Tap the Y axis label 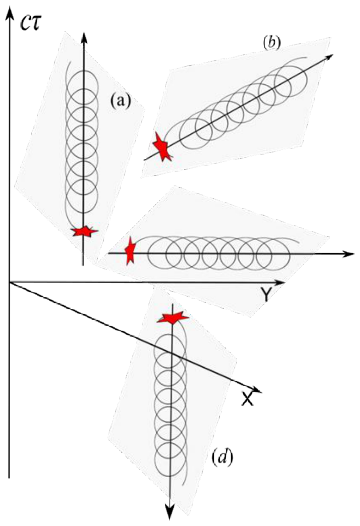(266, 294)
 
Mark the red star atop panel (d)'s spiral (173, 319)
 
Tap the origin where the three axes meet (10, 283)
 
